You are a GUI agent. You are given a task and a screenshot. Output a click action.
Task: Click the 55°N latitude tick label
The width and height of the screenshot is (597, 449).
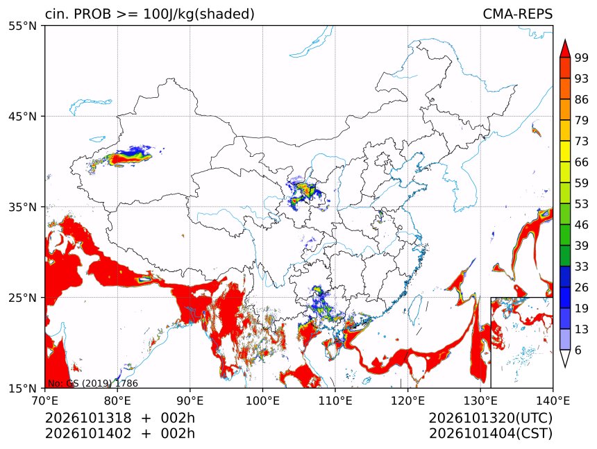(22, 26)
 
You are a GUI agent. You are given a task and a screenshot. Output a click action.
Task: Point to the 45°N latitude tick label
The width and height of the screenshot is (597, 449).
(22, 116)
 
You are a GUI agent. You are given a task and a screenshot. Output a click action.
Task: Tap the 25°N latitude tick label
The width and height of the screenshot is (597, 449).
(22, 297)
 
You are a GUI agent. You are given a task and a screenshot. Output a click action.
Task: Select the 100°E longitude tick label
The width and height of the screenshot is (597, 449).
(262, 400)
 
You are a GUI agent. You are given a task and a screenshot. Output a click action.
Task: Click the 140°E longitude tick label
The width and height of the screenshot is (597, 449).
(553, 400)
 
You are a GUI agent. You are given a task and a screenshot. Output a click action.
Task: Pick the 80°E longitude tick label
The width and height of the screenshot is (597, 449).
(117, 400)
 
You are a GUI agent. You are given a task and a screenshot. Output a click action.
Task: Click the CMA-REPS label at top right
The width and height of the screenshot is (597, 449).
(517, 14)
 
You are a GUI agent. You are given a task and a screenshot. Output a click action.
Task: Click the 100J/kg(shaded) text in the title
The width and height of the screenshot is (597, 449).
(199, 15)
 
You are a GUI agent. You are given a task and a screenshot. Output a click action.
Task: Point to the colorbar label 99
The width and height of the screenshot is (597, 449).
(582, 58)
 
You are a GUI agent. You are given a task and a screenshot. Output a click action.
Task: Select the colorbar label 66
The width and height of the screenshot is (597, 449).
(582, 162)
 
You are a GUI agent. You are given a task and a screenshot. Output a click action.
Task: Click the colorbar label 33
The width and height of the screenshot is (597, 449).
(582, 266)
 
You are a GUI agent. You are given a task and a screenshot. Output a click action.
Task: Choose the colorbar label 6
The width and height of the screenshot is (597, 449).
(578, 350)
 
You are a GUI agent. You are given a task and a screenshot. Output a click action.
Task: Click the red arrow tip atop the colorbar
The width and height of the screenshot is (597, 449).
(565, 40)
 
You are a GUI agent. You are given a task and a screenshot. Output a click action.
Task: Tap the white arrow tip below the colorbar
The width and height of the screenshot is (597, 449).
(565, 367)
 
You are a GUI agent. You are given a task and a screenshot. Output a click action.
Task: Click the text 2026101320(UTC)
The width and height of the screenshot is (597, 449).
(490, 418)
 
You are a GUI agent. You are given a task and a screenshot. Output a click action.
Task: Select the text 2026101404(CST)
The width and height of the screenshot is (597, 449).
(490, 434)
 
